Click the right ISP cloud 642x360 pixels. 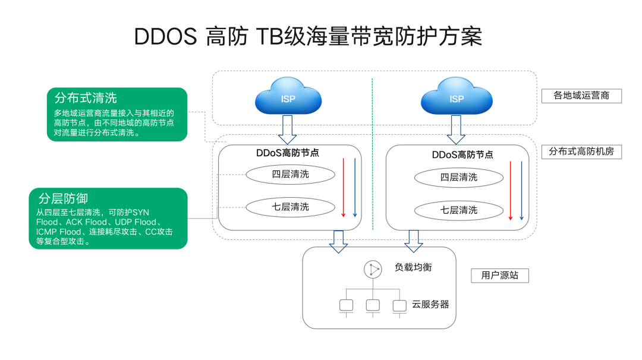456,96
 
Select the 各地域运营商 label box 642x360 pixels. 581,95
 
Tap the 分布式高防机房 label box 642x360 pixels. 581,151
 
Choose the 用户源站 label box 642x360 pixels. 500,275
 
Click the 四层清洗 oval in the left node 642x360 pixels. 290,174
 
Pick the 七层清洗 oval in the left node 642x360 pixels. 290,207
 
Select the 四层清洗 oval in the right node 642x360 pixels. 458,177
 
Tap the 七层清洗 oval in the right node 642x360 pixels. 458,210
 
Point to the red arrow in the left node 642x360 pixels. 344,187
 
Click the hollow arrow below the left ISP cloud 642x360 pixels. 288,130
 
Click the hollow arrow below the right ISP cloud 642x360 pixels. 456,130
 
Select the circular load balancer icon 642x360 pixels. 373,269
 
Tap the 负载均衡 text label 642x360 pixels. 414,267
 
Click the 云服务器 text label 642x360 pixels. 430,304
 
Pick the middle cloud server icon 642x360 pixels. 373,305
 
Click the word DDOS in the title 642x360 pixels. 165,37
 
